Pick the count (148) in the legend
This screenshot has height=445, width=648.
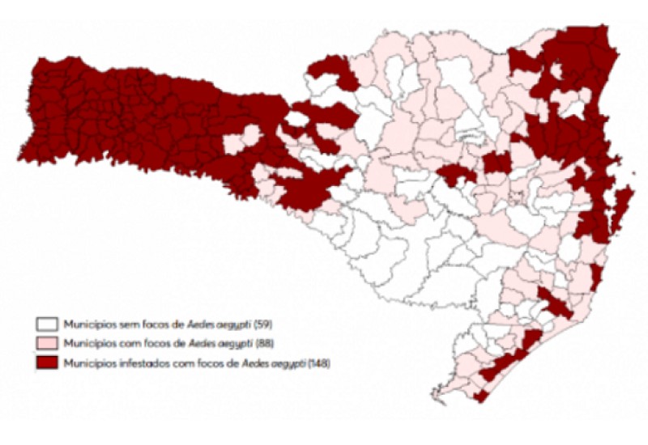(318, 363)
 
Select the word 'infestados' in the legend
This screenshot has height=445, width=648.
(143, 363)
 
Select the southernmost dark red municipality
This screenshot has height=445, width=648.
(481, 396)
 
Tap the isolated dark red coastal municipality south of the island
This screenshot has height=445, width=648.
(596, 278)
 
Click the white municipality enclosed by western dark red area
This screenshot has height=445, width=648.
(296, 121)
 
